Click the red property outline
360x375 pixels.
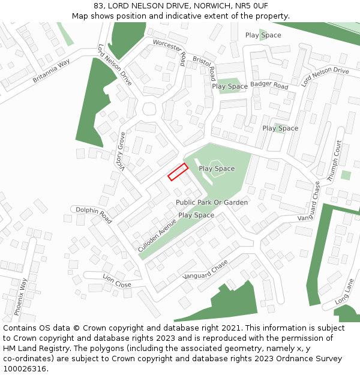coord(178,172)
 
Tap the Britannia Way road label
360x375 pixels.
coord(51,71)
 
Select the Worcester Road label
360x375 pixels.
coord(170,50)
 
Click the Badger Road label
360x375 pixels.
coord(269,85)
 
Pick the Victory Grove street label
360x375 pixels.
coord(121,153)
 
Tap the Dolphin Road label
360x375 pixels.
coord(94,215)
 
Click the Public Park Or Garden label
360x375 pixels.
coord(212,202)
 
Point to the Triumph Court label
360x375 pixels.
coord(334,161)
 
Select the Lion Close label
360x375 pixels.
coord(116,281)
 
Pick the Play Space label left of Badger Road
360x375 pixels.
coord(230,86)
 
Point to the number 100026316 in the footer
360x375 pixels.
coord(25,368)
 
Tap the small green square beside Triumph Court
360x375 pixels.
coord(346,175)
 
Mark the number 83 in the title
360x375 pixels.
coord(98,6)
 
